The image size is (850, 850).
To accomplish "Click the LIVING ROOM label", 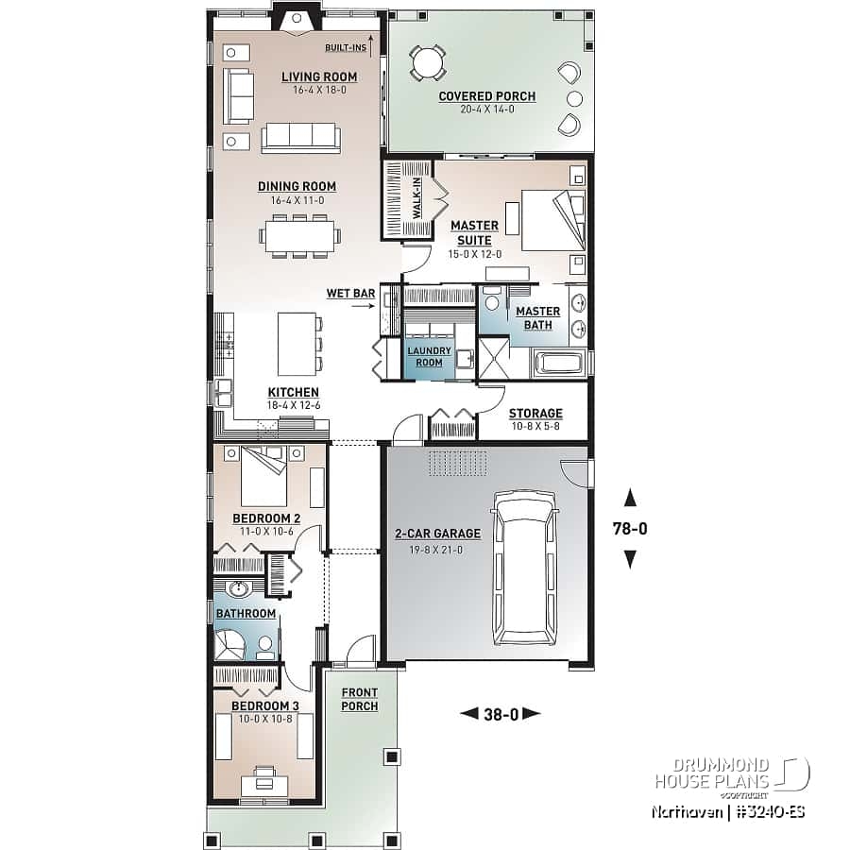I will point(319,76).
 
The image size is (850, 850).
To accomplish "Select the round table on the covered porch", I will point(428,62).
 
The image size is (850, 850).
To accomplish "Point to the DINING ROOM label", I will point(297,186).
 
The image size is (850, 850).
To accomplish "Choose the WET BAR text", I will point(350,294).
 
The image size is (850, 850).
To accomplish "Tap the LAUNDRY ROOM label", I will point(430,356).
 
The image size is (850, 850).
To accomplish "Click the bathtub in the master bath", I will point(561,364).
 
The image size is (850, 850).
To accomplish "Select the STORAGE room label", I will point(535,414).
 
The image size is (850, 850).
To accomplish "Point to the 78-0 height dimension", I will point(629,529).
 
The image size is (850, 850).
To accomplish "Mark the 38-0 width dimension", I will point(500,714).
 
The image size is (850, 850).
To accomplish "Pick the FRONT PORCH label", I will point(359,700).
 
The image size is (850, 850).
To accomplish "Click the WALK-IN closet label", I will point(416,198).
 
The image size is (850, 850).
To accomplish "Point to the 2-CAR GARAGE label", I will point(437,534).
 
